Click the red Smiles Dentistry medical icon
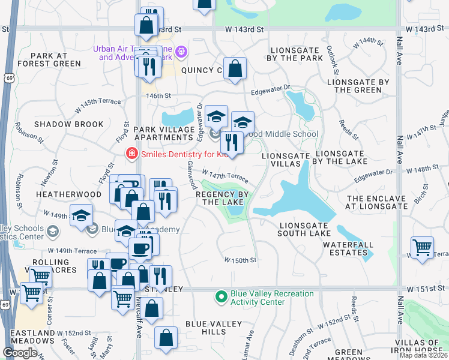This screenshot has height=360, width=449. pos(130,154)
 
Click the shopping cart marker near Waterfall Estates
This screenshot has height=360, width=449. pos(423,247)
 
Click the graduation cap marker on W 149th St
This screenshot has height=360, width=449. pos(81,215)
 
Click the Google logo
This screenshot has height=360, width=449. pos(20,353)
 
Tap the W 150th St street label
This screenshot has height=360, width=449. pos(241,260)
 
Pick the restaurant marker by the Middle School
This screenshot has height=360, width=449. pos(228,142)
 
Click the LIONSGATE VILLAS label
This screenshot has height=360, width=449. pos(286,160)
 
